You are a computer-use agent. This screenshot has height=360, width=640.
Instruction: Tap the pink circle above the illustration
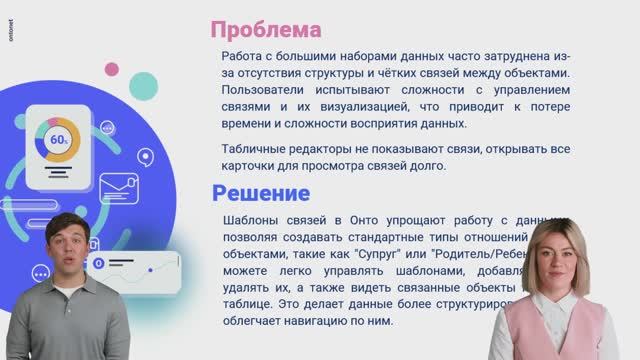coord(112,70)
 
